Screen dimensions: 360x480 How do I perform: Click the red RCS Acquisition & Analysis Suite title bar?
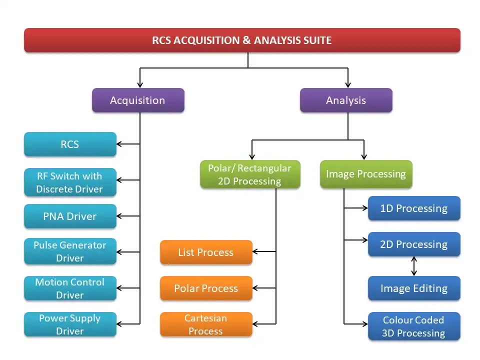[x=242, y=40]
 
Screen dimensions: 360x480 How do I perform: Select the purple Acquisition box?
[x=138, y=100]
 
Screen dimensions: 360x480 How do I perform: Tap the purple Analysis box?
[x=346, y=100]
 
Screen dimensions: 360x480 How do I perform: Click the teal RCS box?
[x=70, y=144]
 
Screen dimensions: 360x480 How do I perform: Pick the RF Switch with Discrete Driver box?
[x=70, y=182]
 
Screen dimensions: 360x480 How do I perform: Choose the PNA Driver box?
[x=70, y=216]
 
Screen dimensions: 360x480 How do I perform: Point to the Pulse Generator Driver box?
[x=70, y=251]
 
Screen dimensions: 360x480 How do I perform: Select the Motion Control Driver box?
[x=70, y=288]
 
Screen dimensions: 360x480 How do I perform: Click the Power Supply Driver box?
[x=70, y=324]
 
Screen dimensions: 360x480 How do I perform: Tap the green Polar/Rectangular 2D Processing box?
[x=250, y=174]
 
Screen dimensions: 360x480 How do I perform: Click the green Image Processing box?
[x=366, y=174]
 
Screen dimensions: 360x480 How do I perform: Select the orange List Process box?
[x=206, y=252]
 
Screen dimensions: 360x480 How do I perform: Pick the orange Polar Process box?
[x=206, y=288]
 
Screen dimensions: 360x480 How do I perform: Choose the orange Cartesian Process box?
[x=206, y=324]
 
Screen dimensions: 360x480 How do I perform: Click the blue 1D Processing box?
[x=414, y=208]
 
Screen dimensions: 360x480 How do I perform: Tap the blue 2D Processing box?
[x=414, y=244]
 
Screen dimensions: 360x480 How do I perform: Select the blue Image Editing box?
[x=414, y=288]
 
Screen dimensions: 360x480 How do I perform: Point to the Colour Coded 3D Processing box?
[x=414, y=326]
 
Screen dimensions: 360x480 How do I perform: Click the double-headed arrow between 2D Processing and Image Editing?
[x=414, y=266]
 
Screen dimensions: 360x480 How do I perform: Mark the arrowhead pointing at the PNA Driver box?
[x=120, y=216]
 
